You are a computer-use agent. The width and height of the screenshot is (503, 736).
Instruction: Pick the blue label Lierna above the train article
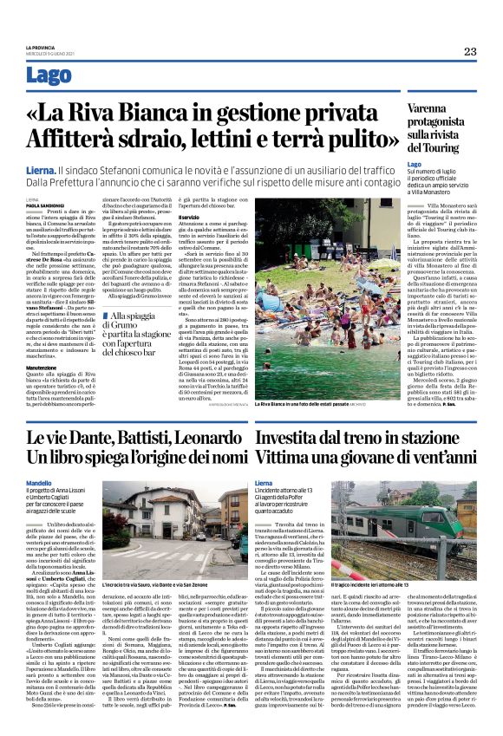coord(265,483)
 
